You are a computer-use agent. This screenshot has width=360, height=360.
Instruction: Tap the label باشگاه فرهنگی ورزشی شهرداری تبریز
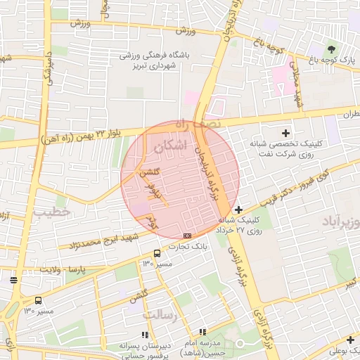click(x=157, y=60)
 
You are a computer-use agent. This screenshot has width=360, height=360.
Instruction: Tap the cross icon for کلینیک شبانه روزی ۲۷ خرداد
click(x=239, y=210)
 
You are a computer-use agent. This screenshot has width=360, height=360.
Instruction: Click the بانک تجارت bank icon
click(x=187, y=236)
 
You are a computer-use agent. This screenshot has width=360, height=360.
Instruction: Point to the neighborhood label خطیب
click(x=53, y=211)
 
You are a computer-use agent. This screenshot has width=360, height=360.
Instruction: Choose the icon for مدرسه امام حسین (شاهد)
click(x=202, y=332)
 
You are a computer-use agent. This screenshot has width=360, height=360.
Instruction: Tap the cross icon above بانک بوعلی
click(x=349, y=340)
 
